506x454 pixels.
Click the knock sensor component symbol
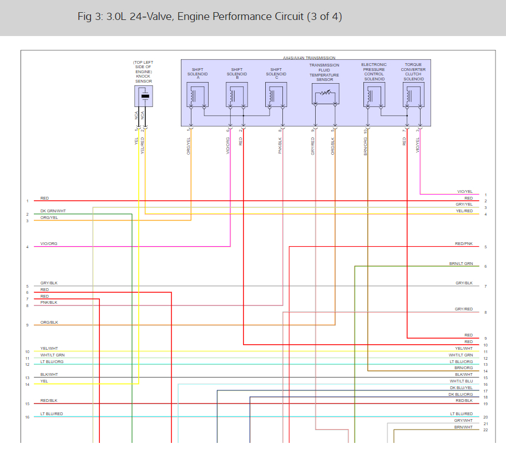point(144,96)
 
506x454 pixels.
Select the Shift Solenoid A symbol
point(198,95)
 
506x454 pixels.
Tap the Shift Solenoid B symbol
point(237,95)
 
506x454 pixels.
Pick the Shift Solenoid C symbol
point(276,95)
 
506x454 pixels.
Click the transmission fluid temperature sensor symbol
point(325,95)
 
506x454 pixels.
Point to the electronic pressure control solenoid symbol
point(374,95)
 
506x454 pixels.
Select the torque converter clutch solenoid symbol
point(413,95)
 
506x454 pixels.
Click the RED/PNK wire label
point(464,244)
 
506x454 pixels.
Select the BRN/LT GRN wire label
point(461,263)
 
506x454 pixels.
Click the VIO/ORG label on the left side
point(49,244)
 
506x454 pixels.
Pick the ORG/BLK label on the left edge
point(49,322)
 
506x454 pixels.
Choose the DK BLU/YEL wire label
point(461,388)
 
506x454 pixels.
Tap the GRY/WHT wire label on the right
point(463,421)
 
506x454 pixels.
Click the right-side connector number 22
point(485,430)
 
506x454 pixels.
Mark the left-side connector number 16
point(27,417)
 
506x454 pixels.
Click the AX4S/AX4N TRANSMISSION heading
point(309,58)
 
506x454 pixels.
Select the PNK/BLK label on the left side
point(49,303)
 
